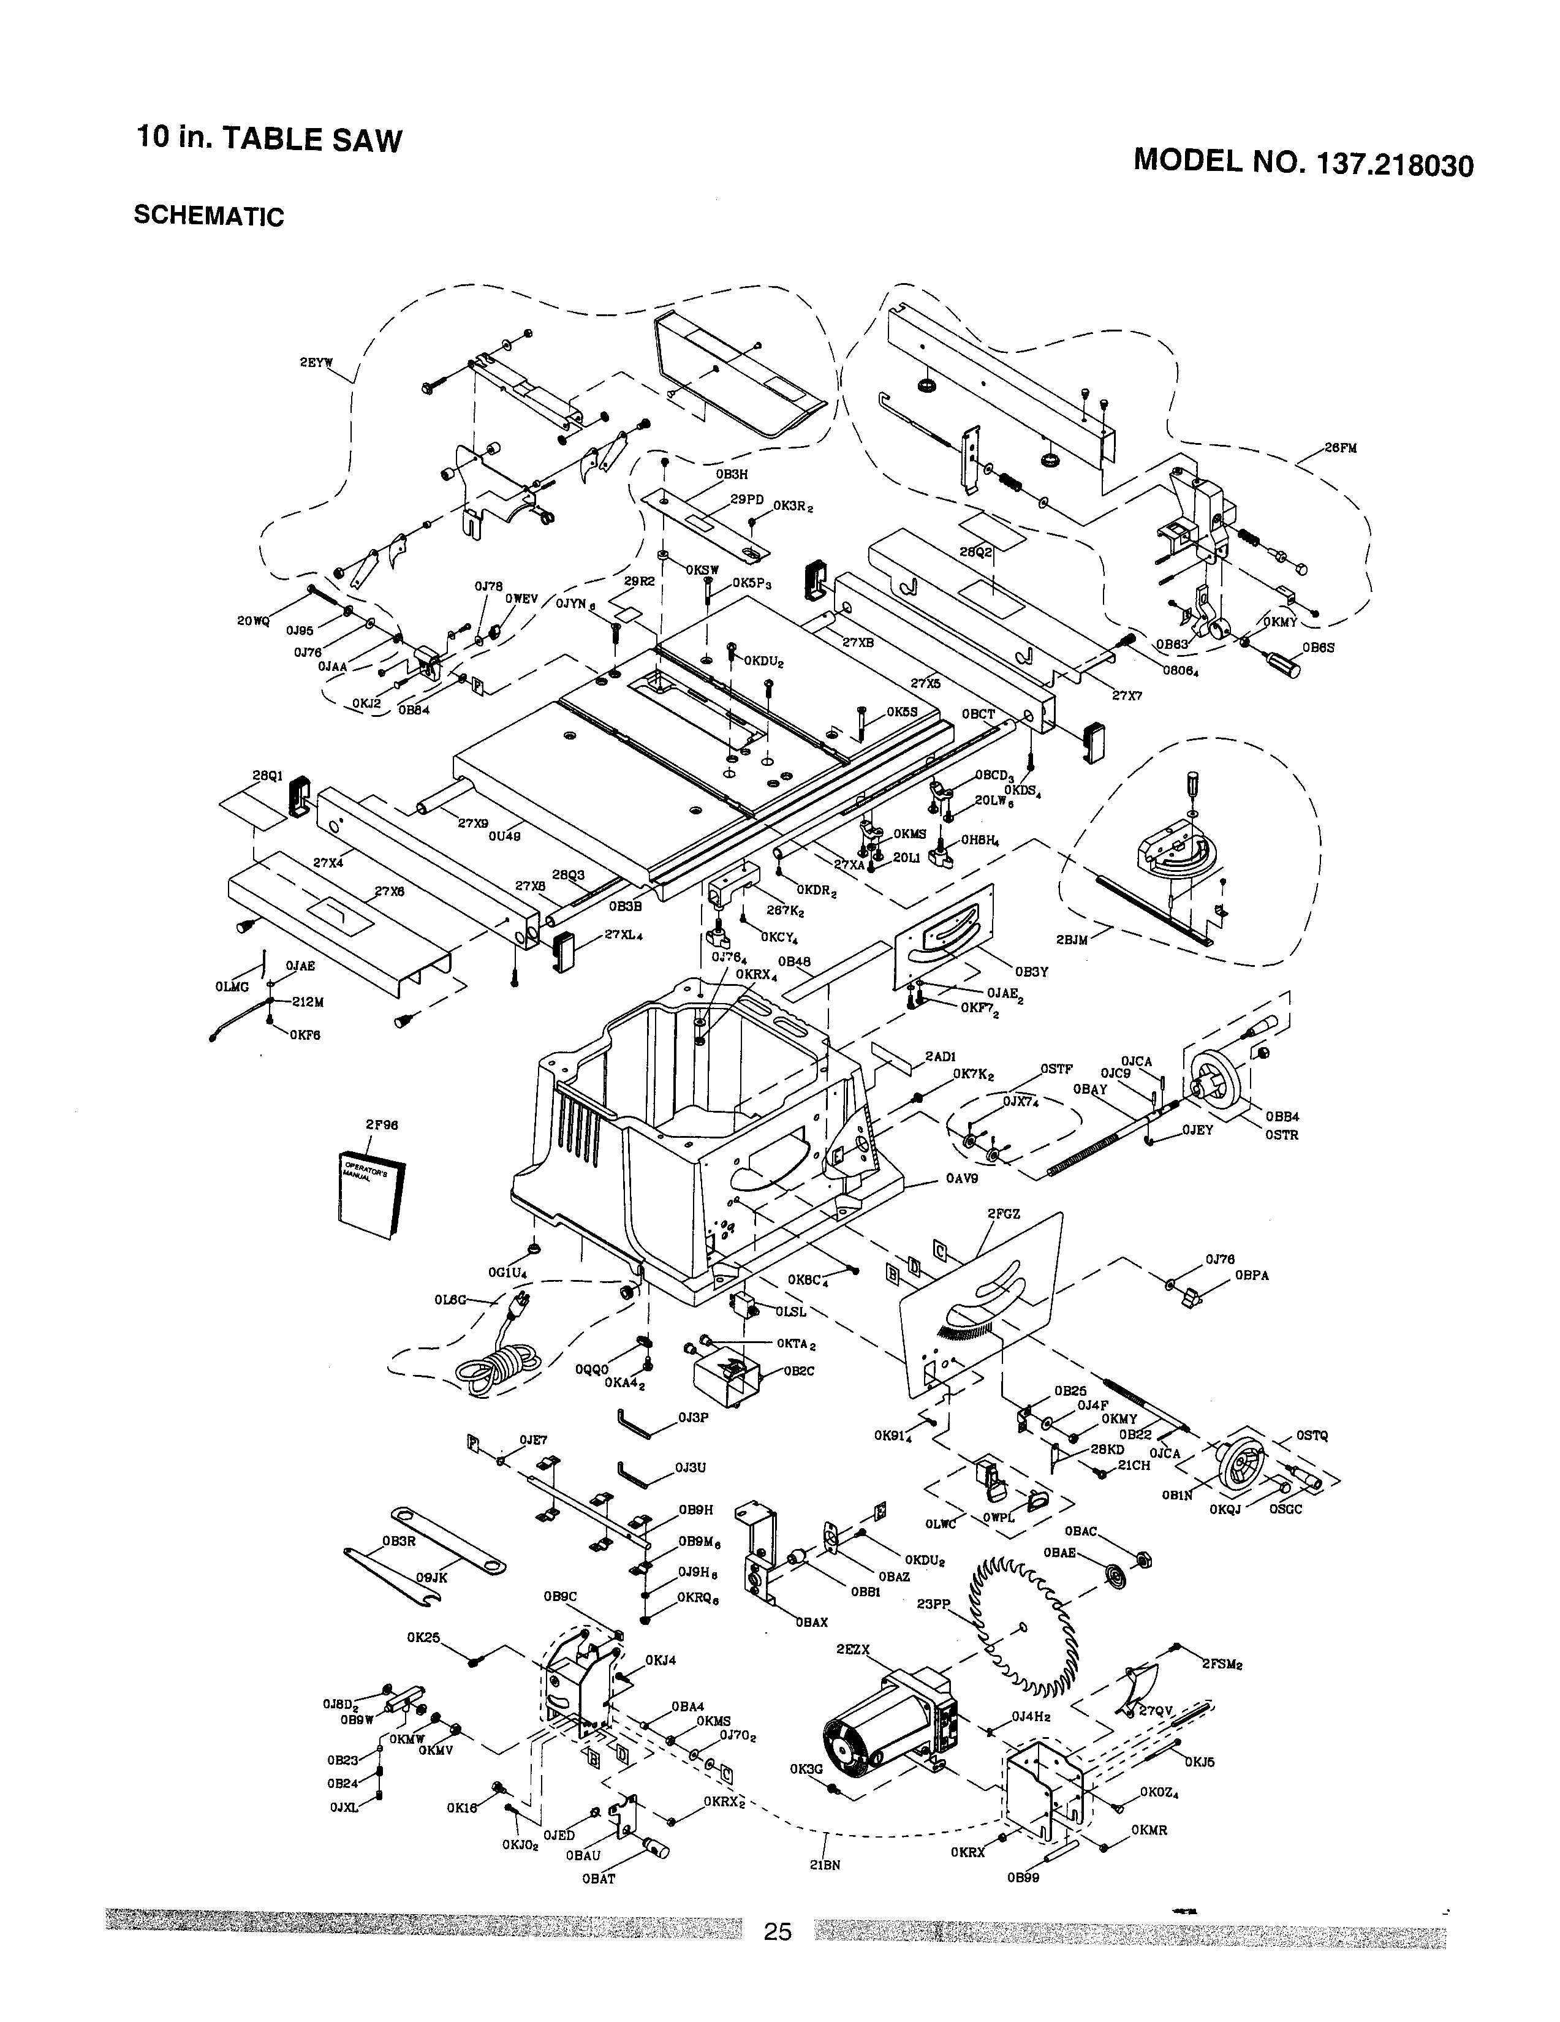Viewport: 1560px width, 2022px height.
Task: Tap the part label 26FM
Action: pos(1339,448)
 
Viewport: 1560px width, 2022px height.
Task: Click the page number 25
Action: pos(778,1957)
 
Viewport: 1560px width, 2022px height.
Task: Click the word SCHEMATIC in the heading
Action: pos(209,216)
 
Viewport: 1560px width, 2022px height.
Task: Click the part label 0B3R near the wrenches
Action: pos(398,1542)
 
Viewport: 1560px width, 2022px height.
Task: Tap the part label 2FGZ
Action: pos(1004,1213)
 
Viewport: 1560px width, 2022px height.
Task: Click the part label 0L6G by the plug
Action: pos(451,1299)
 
